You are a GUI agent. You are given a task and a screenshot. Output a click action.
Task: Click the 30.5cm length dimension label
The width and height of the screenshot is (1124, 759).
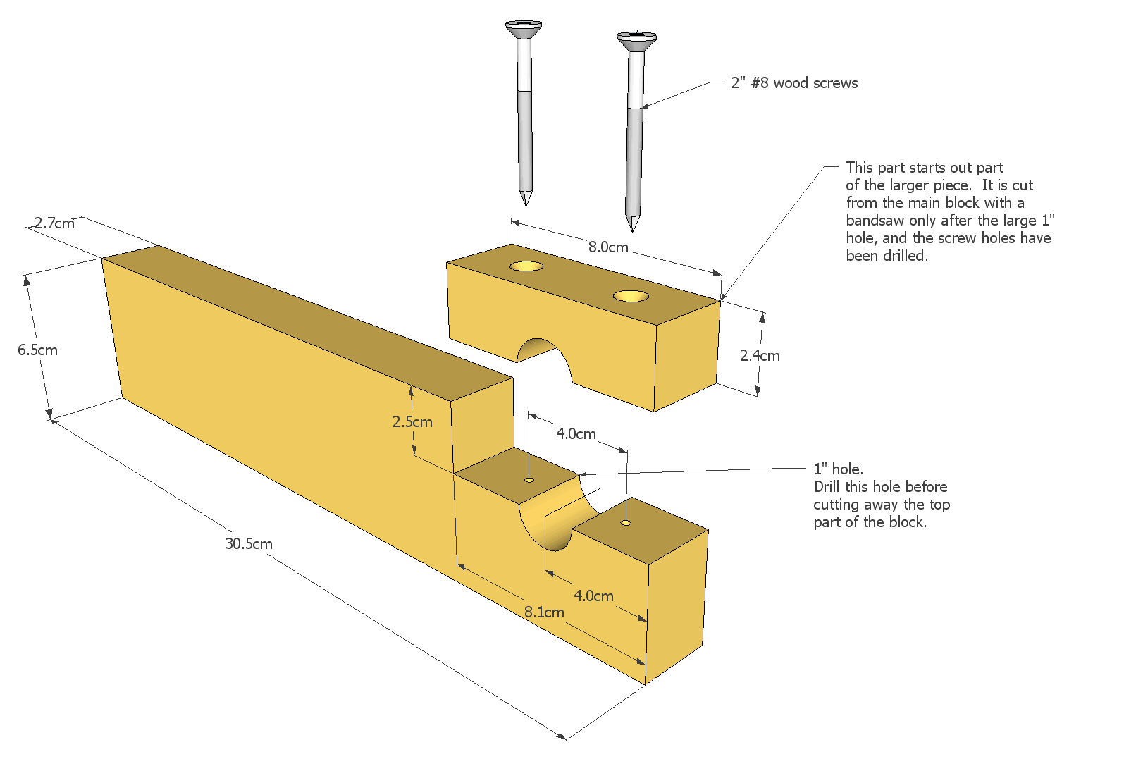249,544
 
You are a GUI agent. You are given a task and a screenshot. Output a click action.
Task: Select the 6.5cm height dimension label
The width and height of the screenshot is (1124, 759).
37,350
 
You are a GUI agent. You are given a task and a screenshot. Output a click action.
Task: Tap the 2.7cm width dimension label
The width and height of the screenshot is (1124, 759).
54,223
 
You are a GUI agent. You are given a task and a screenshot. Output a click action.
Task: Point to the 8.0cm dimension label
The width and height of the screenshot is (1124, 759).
608,247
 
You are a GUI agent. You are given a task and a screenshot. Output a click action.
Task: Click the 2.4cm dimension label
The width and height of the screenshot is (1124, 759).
760,356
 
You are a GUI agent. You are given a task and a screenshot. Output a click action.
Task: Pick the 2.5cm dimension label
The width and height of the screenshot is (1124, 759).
412,422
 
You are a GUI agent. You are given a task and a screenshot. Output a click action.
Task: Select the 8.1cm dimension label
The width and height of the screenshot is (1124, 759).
544,612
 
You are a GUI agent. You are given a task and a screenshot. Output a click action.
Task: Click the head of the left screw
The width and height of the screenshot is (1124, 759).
524,28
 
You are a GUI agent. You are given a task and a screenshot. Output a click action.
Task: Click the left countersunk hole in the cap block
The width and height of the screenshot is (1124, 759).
527,266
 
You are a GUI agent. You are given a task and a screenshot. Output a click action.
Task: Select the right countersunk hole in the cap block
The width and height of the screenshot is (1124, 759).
631,296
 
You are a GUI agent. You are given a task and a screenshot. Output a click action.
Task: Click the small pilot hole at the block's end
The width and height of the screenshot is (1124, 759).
625,523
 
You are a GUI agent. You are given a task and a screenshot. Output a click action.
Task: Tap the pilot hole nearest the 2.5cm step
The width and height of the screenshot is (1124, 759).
529,480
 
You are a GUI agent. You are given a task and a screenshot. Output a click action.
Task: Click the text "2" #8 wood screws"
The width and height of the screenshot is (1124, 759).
794,83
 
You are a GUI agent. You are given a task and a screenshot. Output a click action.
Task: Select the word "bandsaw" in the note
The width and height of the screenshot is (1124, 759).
875,221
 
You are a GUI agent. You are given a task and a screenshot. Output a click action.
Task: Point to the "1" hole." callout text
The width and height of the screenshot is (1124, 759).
838,469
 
